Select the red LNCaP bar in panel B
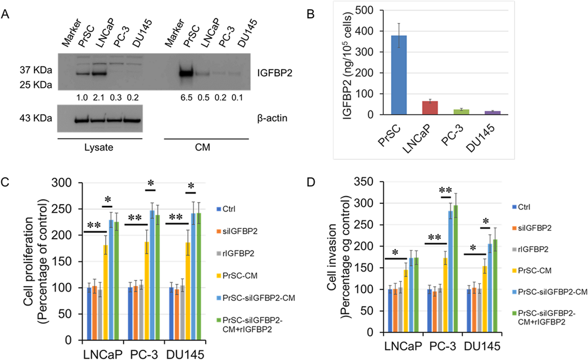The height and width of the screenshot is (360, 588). tap(430, 108)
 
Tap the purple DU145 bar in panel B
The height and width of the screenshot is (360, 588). tap(493, 113)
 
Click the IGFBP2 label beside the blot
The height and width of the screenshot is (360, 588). tap(275, 73)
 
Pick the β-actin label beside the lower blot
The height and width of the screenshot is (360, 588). tap(272, 118)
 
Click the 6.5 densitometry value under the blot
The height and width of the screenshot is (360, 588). tap(186, 97)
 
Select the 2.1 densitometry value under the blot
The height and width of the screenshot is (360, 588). tap(99, 97)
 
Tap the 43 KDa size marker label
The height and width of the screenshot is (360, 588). tap(36, 118)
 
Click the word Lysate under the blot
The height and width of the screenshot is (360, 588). tap(99, 147)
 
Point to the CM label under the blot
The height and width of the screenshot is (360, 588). tap(202, 147)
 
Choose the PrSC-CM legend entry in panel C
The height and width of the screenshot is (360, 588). tap(240, 276)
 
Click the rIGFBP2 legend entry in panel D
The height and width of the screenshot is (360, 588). tap(533, 249)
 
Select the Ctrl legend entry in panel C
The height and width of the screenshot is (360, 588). tap(229, 209)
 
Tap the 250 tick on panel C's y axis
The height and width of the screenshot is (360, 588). tap(61, 209)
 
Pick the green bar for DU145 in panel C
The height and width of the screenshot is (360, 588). tap(199, 277)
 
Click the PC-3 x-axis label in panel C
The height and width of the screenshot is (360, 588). tap(144, 354)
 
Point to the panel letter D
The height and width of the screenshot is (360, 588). tap(311, 182)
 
